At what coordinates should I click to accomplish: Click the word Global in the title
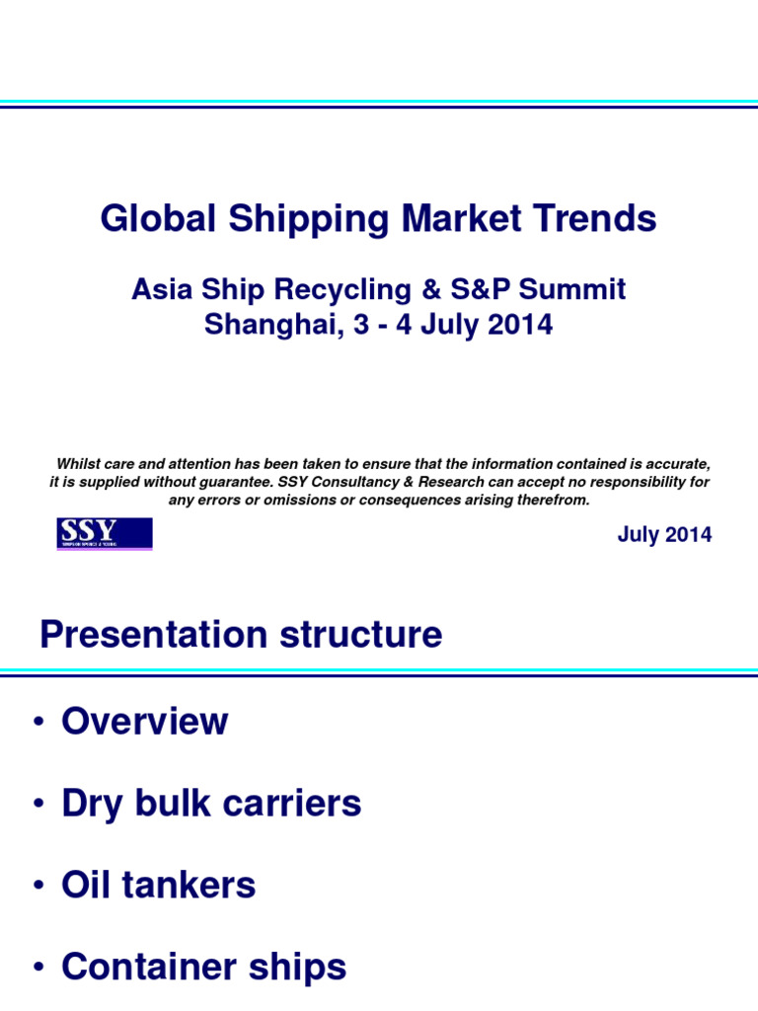(161, 219)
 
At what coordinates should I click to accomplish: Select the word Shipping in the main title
(310, 219)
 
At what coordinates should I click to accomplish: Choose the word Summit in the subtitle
(577, 290)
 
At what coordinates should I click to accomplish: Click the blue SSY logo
(104, 534)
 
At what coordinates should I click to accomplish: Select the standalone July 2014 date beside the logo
(664, 535)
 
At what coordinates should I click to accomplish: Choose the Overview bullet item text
(144, 722)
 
